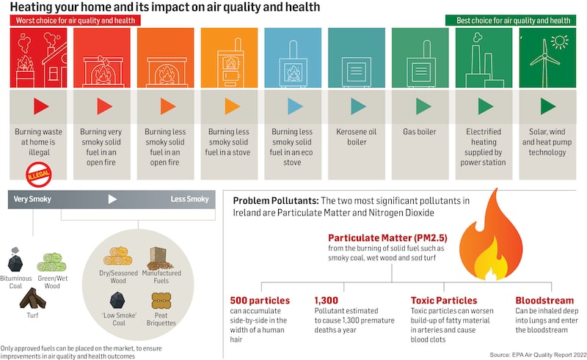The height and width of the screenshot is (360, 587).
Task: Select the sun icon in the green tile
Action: pyautogui.click(x=561, y=41)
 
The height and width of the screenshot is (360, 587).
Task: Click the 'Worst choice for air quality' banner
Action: pyautogui.click(x=73, y=21)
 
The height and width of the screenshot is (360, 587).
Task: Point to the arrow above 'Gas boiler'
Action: pyautogui.click(x=420, y=106)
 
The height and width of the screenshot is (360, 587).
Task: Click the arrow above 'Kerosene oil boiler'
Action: pyautogui.click(x=357, y=106)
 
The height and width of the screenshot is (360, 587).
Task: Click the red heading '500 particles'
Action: pyautogui.click(x=260, y=301)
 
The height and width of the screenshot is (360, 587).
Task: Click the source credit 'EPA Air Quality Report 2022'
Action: pyautogui.click(x=538, y=353)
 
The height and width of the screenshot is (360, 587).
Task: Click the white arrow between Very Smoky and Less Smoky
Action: pyautogui.click(x=112, y=199)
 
